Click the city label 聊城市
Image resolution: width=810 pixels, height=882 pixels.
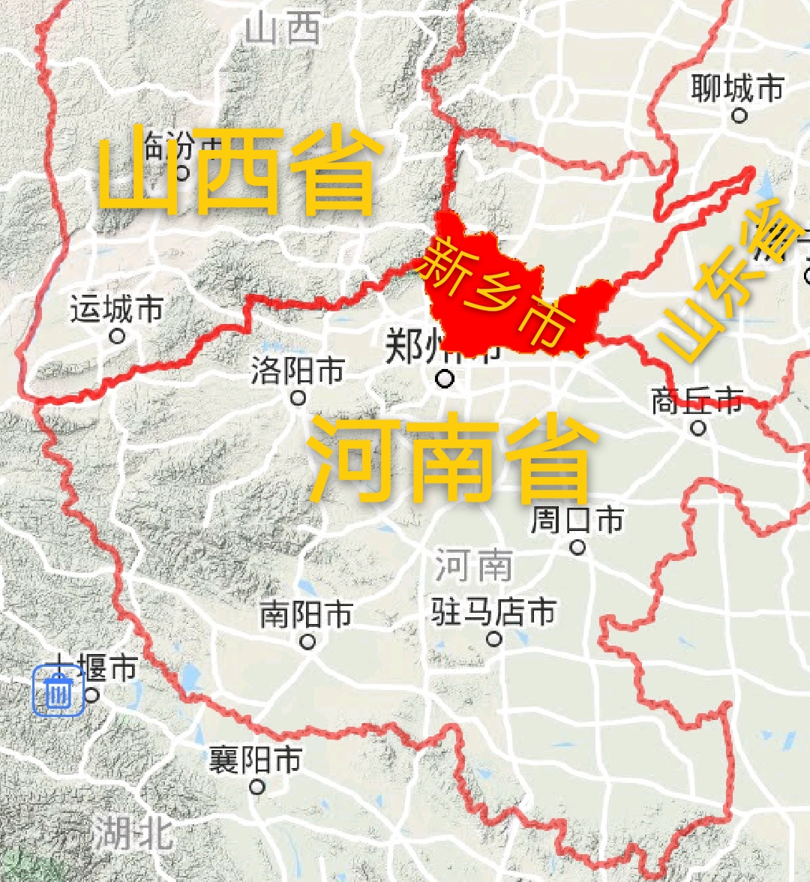(737, 88)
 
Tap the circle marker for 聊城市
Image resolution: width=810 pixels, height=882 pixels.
(739, 115)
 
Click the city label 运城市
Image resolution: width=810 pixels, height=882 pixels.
(117, 309)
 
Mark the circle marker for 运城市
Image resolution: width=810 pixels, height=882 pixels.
(117, 336)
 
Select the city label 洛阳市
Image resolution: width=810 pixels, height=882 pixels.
(298, 370)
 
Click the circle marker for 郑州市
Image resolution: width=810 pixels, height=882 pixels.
(445, 379)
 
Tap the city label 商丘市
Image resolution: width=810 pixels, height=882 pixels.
(697, 401)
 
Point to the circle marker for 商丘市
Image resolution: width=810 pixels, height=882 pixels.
(698, 428)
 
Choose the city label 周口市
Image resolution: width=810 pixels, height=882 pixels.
(577, 520)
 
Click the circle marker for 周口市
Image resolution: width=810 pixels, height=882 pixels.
(577, 547)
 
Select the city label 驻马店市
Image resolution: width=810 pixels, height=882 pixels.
(493, 612)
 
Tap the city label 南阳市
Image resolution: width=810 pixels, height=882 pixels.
(306, 615)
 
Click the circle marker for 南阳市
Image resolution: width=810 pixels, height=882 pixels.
(307, 642)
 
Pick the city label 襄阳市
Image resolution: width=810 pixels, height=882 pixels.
(256, 760)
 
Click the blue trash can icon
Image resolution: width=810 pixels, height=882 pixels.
(58, 691)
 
